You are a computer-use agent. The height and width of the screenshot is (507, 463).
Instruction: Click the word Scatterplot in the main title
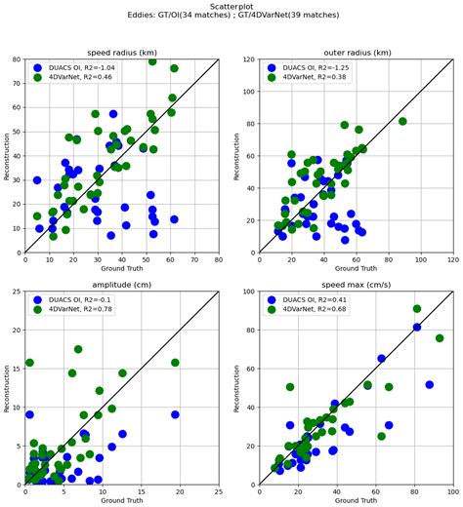coord(231,6)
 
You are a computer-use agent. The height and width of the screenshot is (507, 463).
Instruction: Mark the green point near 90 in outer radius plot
coord(402,122)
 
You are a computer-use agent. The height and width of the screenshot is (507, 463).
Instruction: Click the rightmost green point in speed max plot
coord(440,338)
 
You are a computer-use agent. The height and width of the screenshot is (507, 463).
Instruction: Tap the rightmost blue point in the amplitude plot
coord(175,414)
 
